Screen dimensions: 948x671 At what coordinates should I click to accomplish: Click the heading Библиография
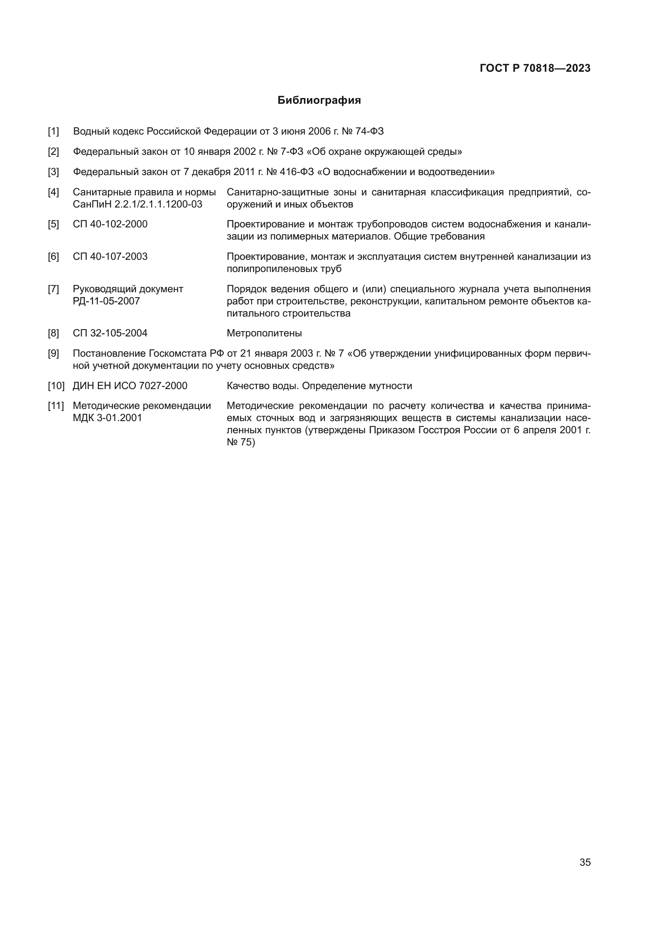(319, 101)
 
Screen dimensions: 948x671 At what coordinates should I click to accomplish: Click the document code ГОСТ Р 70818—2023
(535, 68)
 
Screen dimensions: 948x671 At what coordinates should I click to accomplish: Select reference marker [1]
(53, 132)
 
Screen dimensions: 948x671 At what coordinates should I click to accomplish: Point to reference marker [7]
(53, 289)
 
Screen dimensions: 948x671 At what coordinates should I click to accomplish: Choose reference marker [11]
(56, 406)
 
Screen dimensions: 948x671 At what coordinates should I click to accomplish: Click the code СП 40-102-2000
(110, 224)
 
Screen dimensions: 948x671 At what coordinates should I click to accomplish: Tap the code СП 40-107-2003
(110, 257)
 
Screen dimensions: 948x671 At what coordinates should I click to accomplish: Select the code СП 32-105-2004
(110, 333)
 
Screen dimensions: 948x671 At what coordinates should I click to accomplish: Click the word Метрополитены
(264, 333)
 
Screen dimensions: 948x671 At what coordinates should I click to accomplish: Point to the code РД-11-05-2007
(106, 301)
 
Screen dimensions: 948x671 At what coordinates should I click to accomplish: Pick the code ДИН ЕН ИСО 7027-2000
(130, 386)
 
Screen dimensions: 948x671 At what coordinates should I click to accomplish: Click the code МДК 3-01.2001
(108, 418)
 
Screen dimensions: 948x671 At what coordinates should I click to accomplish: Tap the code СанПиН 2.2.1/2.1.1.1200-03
(138, 204)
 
